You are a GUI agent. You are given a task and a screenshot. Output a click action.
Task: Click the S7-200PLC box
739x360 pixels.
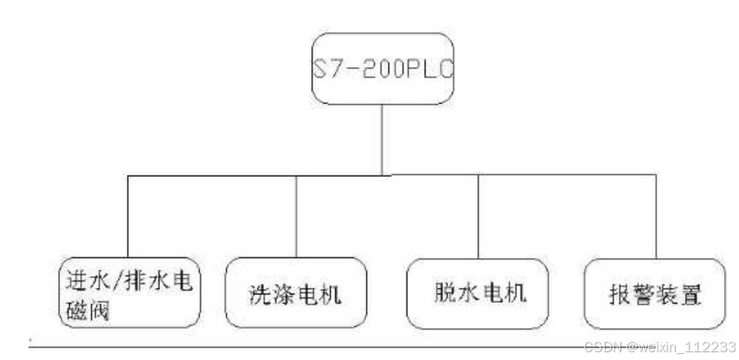tap(382, 68)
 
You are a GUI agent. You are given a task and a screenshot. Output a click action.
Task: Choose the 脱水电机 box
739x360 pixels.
tap(478, 292)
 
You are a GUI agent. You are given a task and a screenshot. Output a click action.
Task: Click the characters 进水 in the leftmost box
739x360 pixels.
tap(86, 280)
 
